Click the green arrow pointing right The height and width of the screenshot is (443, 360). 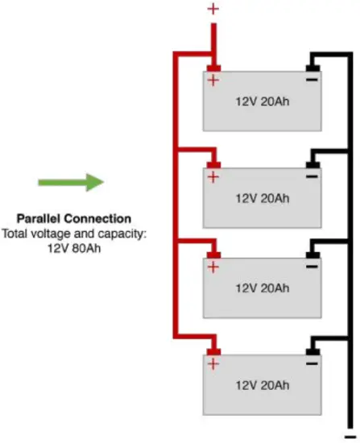click(71, 182)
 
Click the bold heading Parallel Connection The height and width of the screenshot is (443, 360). click(73, 219)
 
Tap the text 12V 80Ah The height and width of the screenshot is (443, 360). click(73, 246)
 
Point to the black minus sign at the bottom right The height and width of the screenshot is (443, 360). click(349, 435)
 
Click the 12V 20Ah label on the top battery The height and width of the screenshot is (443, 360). click(262, 102)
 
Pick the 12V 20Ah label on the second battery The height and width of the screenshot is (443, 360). click(262, 197)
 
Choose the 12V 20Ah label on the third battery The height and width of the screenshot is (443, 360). click(262, 288)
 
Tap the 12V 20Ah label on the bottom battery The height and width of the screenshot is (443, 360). click(262, 386)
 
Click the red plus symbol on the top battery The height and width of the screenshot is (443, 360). click(213, 81)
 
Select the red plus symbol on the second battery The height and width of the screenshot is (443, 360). click(213, 176)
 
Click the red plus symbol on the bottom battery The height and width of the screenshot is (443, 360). click(213, 364)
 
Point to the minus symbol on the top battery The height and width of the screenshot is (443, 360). click(311, 81)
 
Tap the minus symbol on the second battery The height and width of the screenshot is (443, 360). click(311, 176)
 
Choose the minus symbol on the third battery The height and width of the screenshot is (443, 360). click(311, 266)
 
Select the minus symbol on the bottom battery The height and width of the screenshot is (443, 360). click(311, 364)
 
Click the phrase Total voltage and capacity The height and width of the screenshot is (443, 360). click(73, 233)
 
